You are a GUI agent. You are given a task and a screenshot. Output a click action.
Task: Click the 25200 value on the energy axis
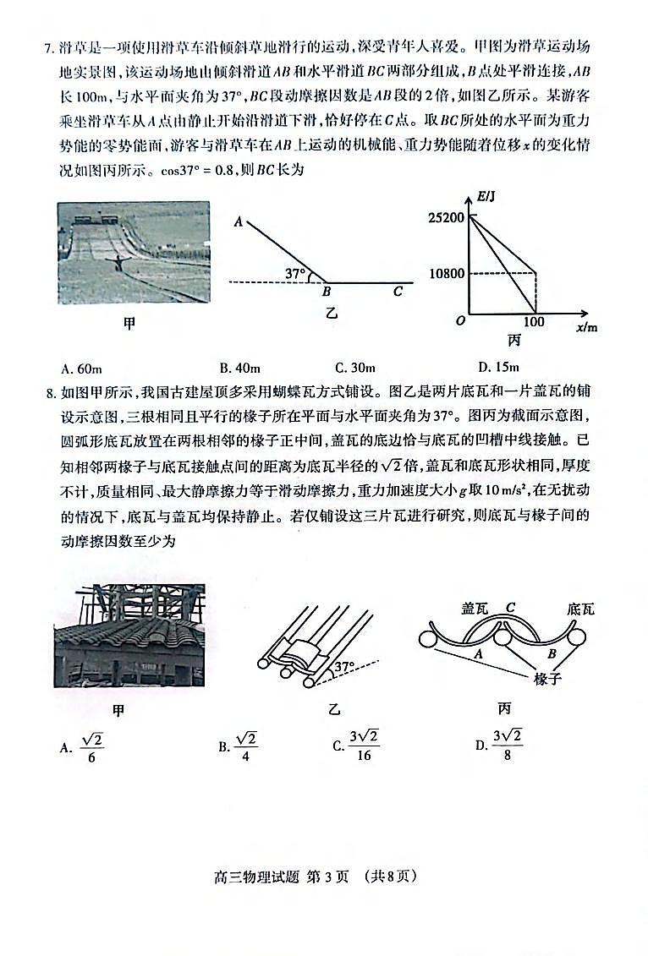446,218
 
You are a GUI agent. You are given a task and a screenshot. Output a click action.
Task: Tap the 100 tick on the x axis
534,322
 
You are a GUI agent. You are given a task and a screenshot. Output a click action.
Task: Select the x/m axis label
586,326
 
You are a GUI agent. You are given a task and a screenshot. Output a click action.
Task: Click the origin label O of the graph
460,321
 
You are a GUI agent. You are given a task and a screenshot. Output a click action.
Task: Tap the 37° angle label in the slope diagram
294,274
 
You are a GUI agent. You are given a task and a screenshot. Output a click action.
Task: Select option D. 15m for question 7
497,367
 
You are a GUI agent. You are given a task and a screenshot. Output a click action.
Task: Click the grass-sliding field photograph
133,252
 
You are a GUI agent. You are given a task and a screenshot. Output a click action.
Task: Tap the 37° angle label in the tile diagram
343,667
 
